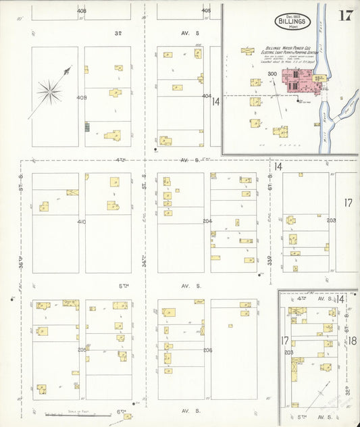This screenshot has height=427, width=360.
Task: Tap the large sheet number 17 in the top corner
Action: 344,16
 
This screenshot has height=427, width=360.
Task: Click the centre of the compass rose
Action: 49,89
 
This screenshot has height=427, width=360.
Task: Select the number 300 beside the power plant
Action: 273,74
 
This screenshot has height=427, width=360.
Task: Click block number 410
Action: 82,222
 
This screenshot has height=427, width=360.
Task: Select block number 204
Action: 207,221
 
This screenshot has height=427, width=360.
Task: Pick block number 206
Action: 207,350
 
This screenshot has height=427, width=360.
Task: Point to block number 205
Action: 82,350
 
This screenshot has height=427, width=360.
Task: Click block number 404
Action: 207,96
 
